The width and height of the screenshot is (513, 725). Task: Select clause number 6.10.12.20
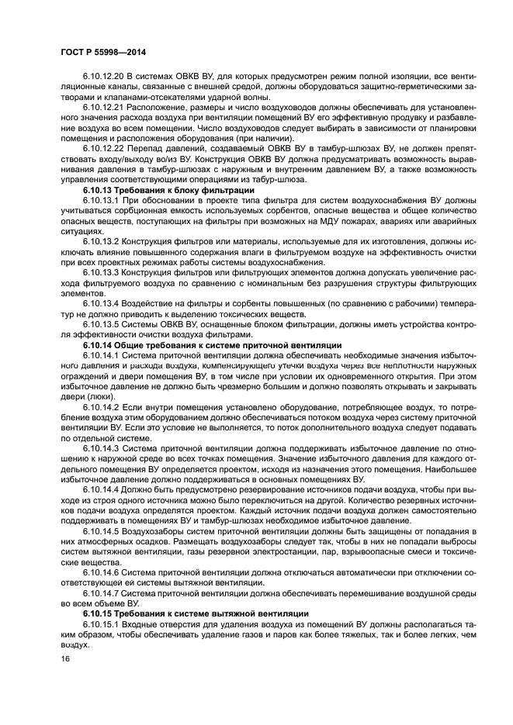104,78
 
